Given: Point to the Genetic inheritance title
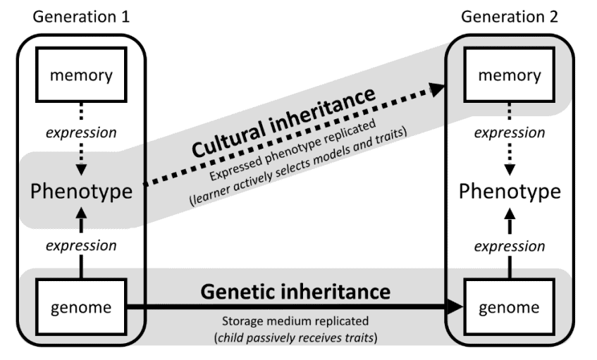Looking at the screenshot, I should [x=297, y=290].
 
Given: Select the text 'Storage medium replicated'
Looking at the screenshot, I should [x=297, y=322].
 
